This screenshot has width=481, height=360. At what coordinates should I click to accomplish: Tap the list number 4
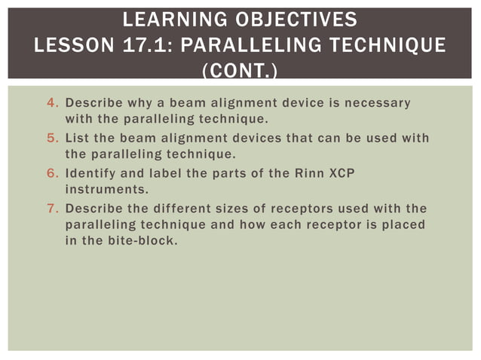coord(52,102)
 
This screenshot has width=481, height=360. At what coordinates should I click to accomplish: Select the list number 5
coord(52,139)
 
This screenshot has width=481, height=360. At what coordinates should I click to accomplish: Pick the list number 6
coord(52,173)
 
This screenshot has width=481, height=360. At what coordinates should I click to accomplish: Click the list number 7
coord(52,209)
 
